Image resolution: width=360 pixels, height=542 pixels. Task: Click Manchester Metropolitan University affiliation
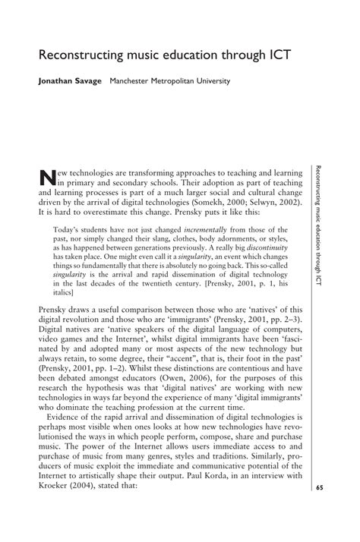coord(169,80)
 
